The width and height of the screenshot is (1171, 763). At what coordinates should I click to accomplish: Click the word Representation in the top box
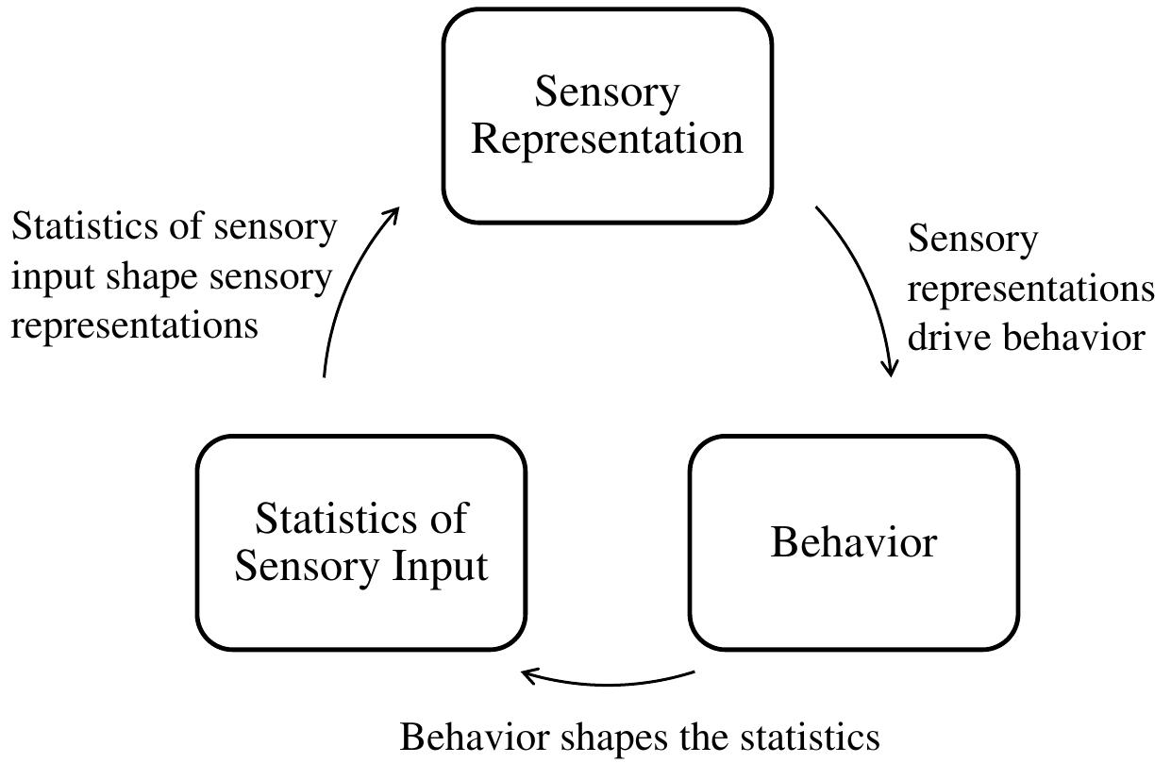[607, 139]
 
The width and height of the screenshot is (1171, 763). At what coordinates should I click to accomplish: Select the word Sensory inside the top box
[607, 92]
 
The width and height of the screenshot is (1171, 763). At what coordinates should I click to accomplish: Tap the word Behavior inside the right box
[853, 542]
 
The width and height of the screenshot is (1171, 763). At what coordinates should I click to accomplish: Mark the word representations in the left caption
[134, 325]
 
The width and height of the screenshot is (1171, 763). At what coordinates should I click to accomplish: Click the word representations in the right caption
[1030, 288]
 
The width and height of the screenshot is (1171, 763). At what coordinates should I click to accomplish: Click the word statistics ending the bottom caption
[804, 737]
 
